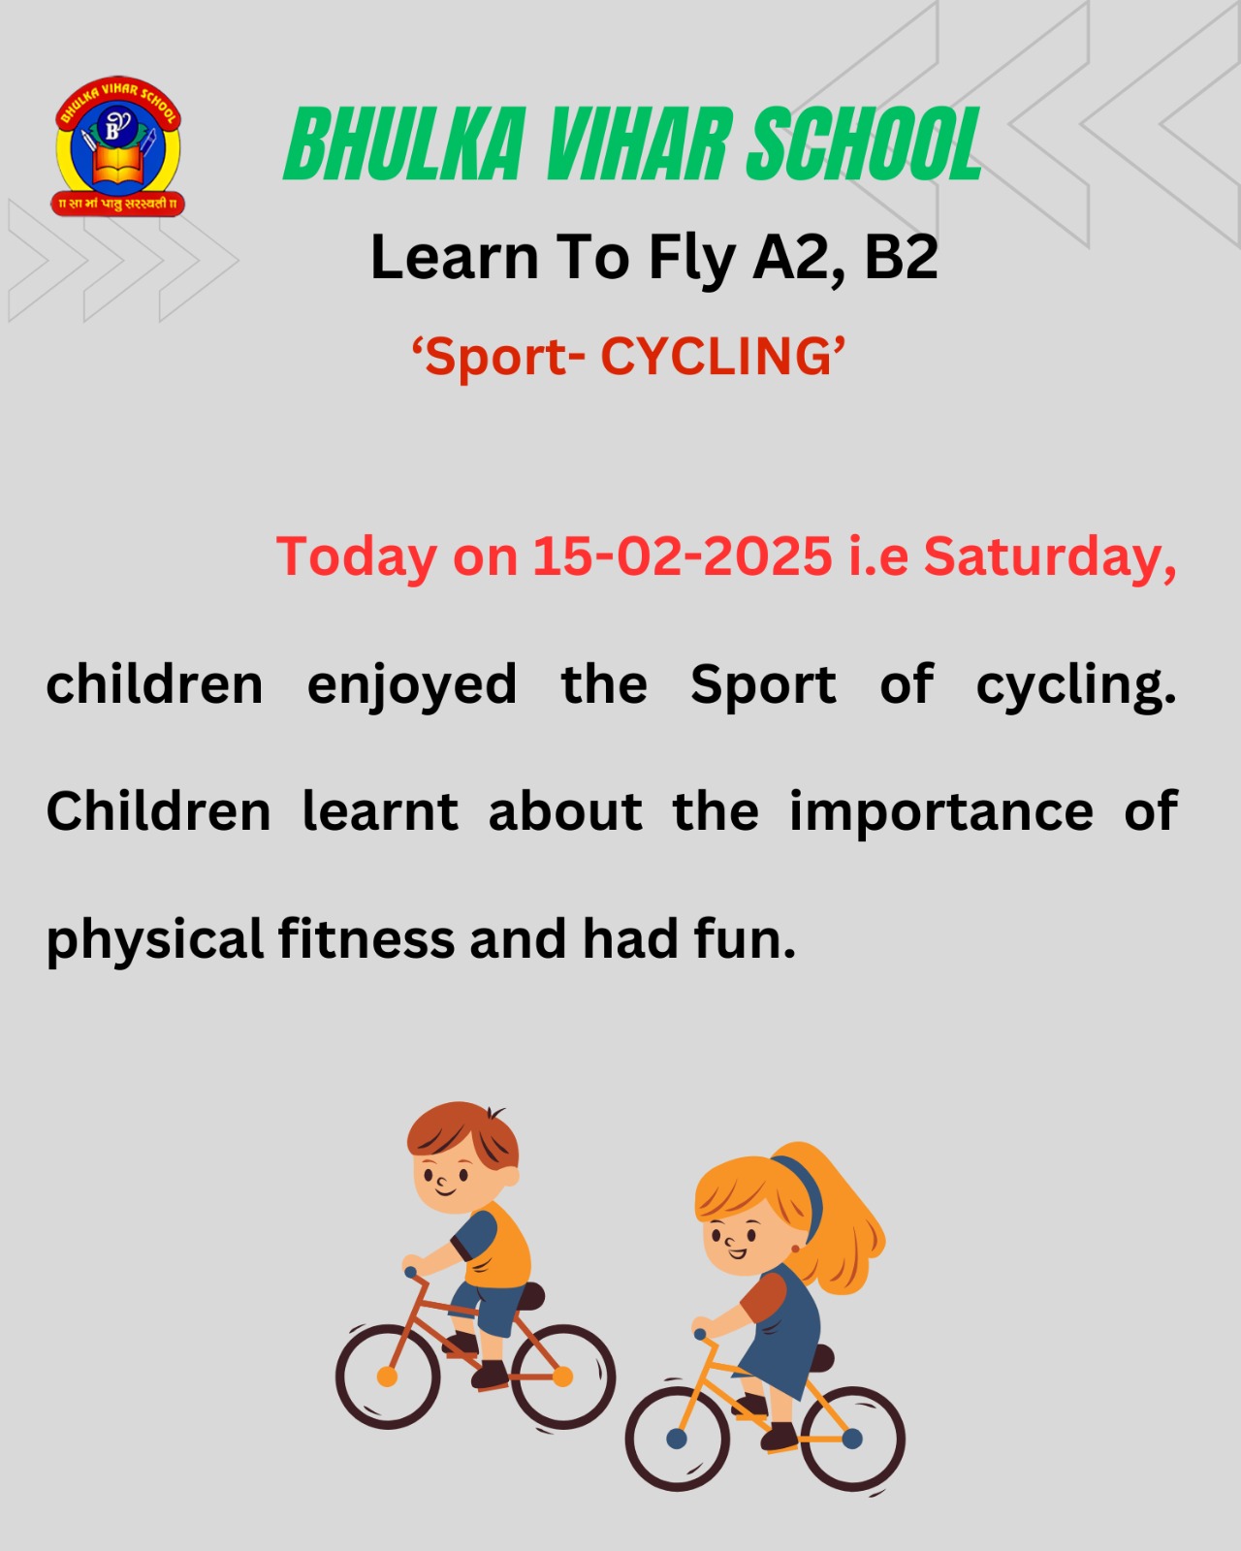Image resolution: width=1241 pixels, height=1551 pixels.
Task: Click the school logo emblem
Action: pos(118,146)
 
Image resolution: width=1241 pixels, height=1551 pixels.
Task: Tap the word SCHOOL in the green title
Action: pos(863,143)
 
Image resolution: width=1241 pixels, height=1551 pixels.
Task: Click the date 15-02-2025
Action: pos(683,556)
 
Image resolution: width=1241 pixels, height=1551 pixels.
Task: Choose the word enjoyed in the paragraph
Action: pos(412,685)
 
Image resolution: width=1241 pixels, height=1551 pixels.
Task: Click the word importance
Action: pos(941,813)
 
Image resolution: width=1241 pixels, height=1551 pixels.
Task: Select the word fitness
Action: pos(366,939)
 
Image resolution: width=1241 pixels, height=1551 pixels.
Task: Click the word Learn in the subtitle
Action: pos(455,257)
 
